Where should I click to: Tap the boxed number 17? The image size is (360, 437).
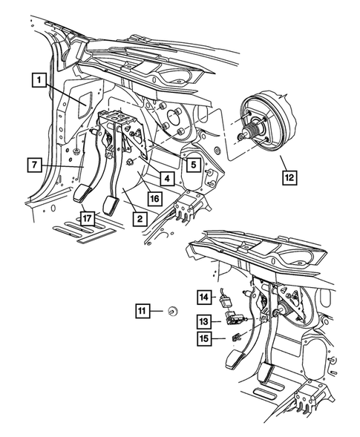(88, 218)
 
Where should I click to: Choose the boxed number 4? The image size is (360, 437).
(168, 179)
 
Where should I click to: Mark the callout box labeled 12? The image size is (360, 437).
(289, 177)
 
